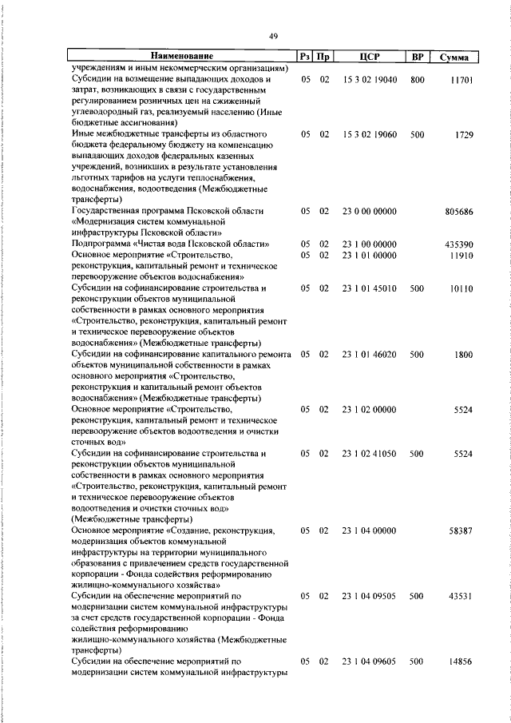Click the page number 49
pos(273,35)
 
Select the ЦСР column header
pos(369,57)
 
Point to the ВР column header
pos(417,57)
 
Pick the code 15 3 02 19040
pos(369,81)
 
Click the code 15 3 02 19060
pos(369,134)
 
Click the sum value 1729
pos(465,134)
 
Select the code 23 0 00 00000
pos(369,213)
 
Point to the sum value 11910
pos(461,255)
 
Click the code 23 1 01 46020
pos(369,354)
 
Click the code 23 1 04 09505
pos(369,596)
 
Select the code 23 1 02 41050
pos(369,453)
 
